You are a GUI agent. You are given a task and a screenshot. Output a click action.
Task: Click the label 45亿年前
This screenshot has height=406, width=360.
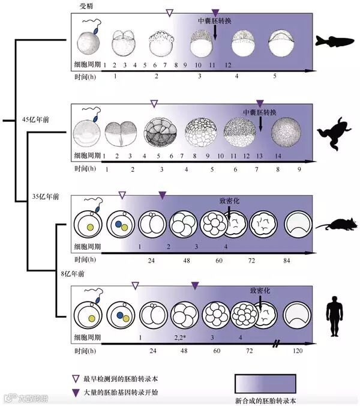coord(35,120)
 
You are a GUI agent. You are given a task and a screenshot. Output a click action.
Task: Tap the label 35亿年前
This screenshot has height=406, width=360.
coord(46,197)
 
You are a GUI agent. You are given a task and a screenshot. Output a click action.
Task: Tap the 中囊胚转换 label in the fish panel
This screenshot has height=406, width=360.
coord(215,20)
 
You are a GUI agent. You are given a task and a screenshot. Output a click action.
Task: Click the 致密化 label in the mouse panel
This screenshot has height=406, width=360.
coord(229,202)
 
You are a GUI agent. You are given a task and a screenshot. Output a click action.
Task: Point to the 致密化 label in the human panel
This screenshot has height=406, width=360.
coord(259,289)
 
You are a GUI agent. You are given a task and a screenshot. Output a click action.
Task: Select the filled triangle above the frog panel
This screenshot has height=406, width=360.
coord(260,103)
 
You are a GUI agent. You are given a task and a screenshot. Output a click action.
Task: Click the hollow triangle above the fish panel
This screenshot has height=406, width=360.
coord(169,12)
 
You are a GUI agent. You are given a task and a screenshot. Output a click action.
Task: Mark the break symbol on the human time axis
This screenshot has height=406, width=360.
coord(277,344)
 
